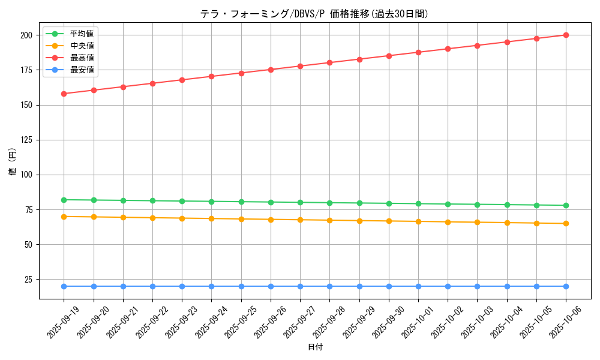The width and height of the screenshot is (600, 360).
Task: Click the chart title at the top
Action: pyautogui.click(x=314, y=14)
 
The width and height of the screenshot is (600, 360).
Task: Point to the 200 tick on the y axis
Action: pyautogui.click(x=26, y=35)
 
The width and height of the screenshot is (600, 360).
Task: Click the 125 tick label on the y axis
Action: pyautogui.click(x=26, y=140)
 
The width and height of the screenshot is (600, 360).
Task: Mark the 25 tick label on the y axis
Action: pyautogui.click(x=28, y=280)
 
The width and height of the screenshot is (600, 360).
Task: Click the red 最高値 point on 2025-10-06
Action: pyautogui.click(x=566, y=35)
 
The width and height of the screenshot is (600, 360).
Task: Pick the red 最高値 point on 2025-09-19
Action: pyautogui.click(x=64, y=94)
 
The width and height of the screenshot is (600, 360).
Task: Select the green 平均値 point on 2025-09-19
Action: pyautogui.click(x=64, y=200)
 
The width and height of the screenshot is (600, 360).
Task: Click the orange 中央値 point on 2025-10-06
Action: pyautogui.click(x=566, y=223)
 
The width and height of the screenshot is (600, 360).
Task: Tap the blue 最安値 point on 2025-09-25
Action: pyautogui.click(x=241, y=286)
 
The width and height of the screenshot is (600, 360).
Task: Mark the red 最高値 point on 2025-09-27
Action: pyautogui.click(x=300, y=66)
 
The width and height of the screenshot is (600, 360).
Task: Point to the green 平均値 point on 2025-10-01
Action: pyautogui.click(x=418, y=203)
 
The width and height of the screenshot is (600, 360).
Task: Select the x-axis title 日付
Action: pyautogui.click(x=315, y=347)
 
